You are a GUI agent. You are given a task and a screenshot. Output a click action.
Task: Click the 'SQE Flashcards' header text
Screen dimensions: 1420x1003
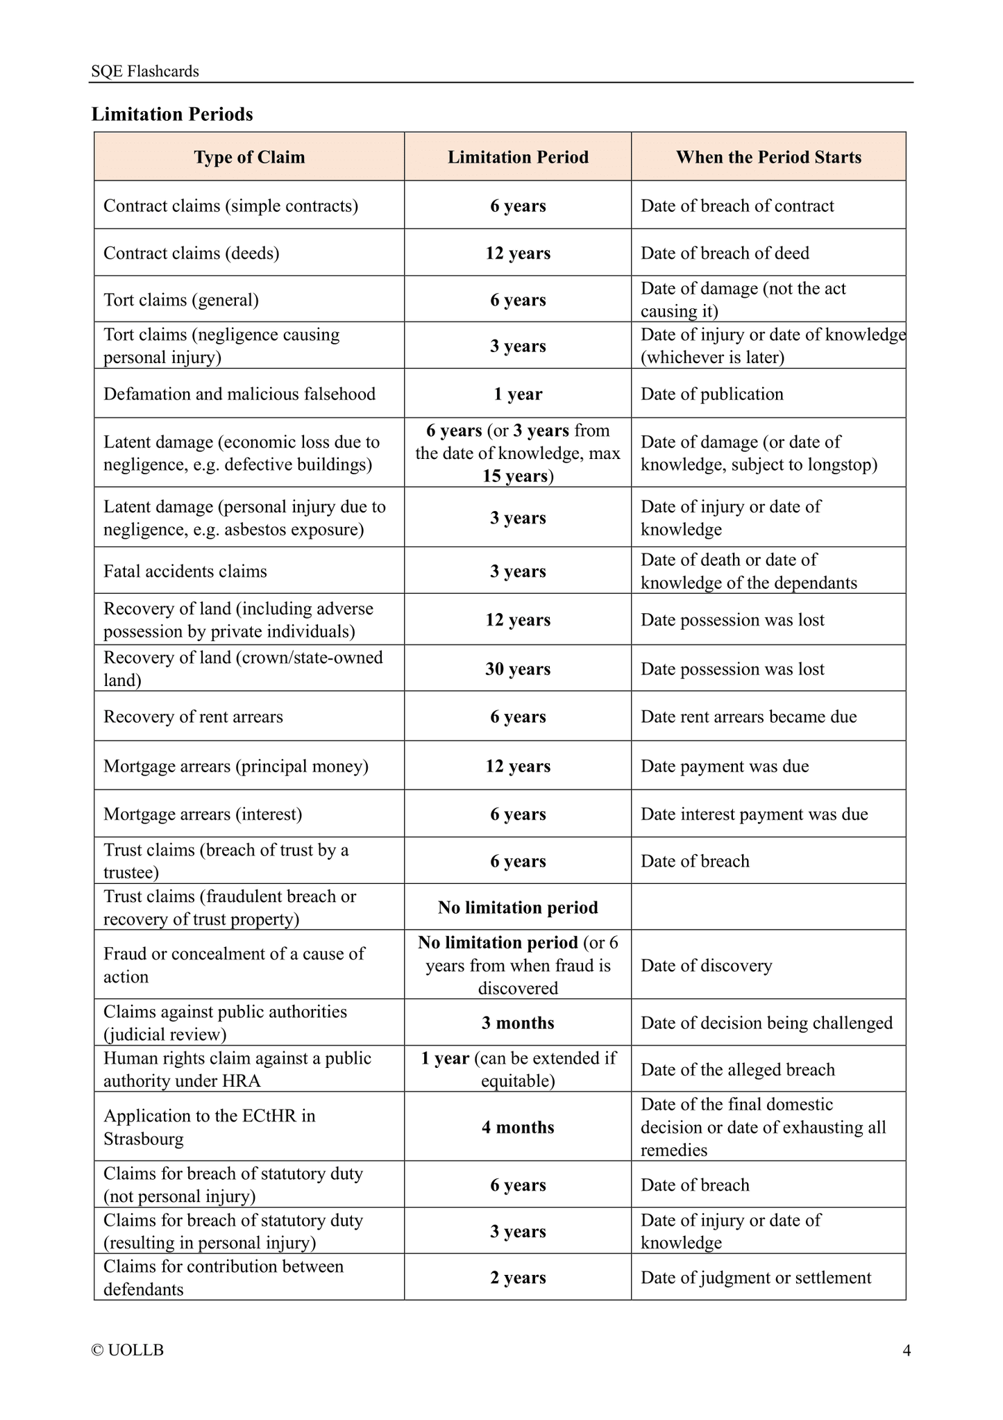pyautogui.click(x=145, y=72)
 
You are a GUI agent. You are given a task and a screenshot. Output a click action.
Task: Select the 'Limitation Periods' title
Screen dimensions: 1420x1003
pyautogui.click(x=172, y=114)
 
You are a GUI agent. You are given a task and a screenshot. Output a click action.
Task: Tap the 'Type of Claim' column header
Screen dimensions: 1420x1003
pyautogui.click(x=249, y=158)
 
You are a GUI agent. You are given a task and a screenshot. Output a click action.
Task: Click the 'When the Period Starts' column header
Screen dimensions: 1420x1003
pyautogui.click(x=768, y=158)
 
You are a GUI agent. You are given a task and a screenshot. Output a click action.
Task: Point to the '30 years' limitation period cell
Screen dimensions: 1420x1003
pyautogui.click(x=518, y=669)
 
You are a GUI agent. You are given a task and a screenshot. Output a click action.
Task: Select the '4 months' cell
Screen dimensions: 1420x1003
pyautogui.click(x=518, y=1127)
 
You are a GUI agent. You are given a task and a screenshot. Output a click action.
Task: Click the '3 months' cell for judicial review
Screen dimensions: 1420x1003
pyautogui.click(x=518, y=1023)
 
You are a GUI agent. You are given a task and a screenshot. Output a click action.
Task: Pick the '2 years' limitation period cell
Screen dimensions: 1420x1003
pyautogui.click(x=518, y=1278)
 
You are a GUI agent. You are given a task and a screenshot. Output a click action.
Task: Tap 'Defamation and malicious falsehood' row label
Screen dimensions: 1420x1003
pyautogui.click(x=239, y=394)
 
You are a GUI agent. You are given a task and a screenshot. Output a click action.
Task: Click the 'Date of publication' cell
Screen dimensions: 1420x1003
pyautogui.click(x=711, y=394)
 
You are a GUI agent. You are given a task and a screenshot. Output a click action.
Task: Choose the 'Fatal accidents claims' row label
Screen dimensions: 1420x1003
pyautogui.click(x=185, y=571)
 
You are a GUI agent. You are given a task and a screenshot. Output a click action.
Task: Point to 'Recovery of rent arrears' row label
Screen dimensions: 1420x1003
pyautogui.click(x=193, y=717)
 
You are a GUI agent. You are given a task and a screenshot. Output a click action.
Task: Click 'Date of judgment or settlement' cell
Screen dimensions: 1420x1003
pyautogui.click(x=756, y=1278)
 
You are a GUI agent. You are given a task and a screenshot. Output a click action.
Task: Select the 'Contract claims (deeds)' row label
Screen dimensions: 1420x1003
pyautogui.click(x=192, y=253)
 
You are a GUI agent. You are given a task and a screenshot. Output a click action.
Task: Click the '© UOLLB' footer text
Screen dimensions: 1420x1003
pyautogui.click(x=128, y=1351)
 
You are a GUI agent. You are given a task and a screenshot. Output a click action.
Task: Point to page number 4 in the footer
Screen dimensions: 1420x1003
pyautogui.click(x=907, y=1351)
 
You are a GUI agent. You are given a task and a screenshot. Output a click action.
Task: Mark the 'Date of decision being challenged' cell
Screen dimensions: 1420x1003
pyautogui.click(x=766, y=1023)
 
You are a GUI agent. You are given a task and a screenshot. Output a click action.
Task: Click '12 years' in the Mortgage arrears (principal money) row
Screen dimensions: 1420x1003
pyautogui.click(x=518, y=767)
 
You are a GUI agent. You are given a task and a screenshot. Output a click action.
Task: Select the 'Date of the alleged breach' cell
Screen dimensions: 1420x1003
pyautogui.click(x=737, y=1069)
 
